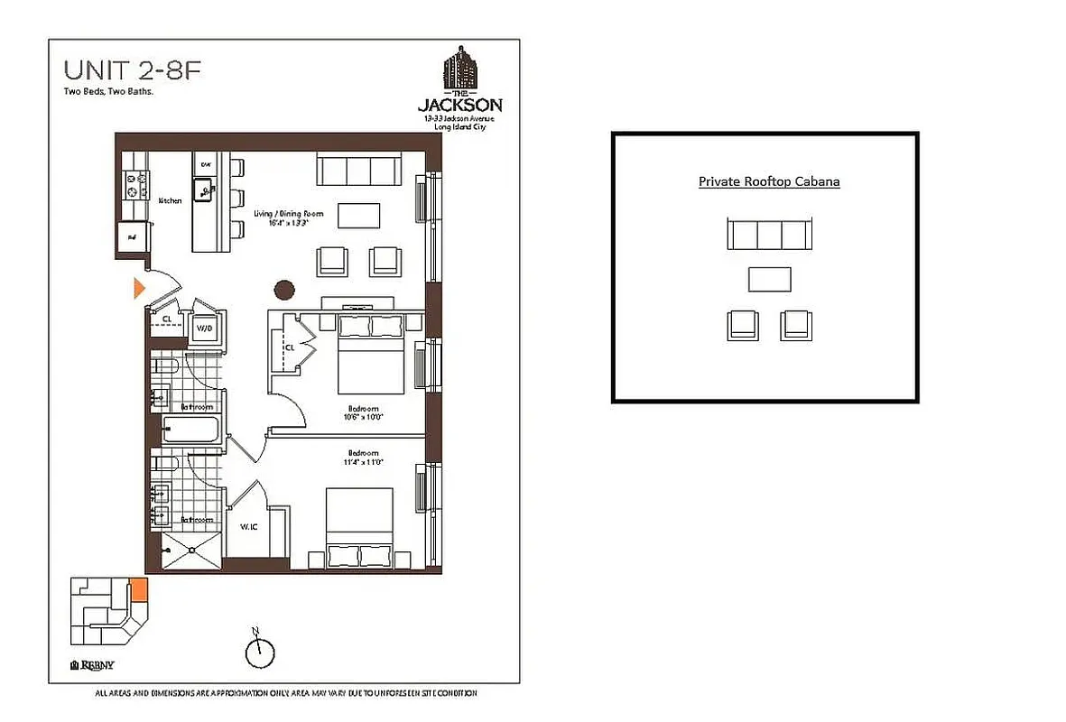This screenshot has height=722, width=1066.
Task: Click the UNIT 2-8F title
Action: click(126, 70)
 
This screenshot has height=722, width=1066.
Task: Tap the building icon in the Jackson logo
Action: click(460, 69)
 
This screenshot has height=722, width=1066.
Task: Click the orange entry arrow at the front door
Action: click(139, 288)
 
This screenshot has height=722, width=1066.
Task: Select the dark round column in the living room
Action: click(285, 290)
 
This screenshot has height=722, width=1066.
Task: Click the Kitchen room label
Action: click(170, 200)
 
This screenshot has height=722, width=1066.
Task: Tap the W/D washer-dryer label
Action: click(205, 329)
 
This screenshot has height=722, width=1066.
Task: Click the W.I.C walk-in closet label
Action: click(249, 526)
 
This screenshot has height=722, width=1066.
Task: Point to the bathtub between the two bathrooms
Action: click(190, 430)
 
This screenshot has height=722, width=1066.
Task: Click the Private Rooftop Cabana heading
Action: click(769, 181)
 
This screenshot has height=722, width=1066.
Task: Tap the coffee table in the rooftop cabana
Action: click(769, 280)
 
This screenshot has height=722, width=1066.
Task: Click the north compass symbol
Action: click(259, 650)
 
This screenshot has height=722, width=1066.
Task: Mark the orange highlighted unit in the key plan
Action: click(139, 591)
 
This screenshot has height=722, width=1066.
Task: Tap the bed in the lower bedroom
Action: click(359, 528)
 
